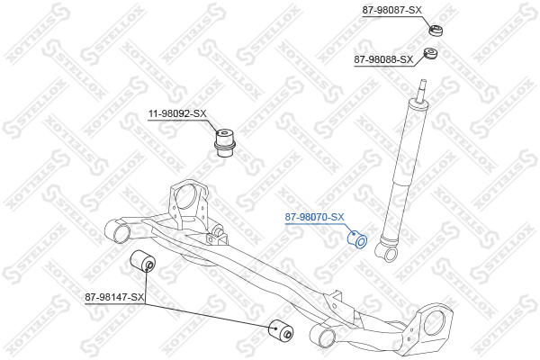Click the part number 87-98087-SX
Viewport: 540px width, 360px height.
click(391, 10)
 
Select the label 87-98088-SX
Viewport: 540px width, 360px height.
click(383, 59)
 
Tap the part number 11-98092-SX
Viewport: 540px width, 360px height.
click(177, 113)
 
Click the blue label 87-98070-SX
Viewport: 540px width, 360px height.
click(314, 217)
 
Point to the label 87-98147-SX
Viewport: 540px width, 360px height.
click(114, 297)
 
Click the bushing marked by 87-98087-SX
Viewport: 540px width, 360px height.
click(436, 30)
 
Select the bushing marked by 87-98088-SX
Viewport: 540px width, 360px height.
click(430, 53)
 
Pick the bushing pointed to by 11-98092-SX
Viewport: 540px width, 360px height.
click(224, 143)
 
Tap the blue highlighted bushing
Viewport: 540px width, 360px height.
click(356, 239)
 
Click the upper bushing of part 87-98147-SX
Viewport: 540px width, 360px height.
click(143, 262)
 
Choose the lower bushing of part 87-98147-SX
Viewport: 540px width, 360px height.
click(281, 331)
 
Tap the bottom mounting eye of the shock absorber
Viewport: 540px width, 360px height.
click(390, 254)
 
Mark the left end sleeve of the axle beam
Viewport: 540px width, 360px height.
click(118, 231)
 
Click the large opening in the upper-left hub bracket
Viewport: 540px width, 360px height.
click(186, 196)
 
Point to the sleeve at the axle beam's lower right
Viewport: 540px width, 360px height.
click(323, 336)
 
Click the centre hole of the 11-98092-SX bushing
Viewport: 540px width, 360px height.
click(224, 131)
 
